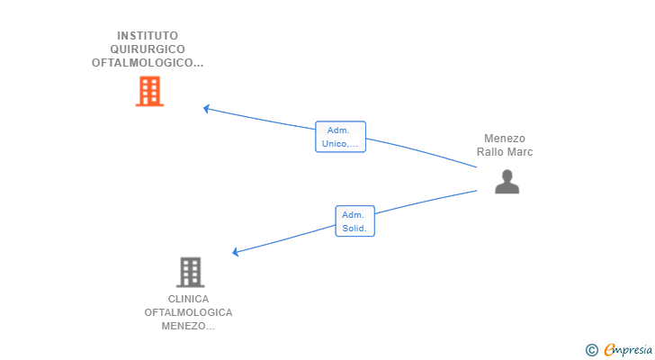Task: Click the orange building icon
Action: pos(149,91)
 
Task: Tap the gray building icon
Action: pos(190,272)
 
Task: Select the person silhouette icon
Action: pos(507,181)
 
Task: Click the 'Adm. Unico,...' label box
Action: pos(340,137)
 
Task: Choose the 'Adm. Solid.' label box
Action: pos(354,221)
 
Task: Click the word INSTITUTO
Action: pos(148,36)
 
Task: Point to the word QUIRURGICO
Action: pos(148,49)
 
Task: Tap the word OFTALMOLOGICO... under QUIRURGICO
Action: pos(148,63)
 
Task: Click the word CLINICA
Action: pos(188,299)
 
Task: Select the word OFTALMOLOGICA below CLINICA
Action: pos(188,312)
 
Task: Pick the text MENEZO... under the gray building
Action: pos(188,326)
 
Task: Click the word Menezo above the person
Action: pos(504,139)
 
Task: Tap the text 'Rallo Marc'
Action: pos(505,152)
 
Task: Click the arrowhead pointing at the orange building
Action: pos(206,108)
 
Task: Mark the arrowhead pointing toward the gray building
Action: pos(236,253)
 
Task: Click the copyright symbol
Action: pos(591,349)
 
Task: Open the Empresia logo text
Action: pos(626,349)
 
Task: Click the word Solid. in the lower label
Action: pos(354,229)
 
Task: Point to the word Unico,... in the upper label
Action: pos(340,144)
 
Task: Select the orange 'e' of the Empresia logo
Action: pos(609,350)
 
